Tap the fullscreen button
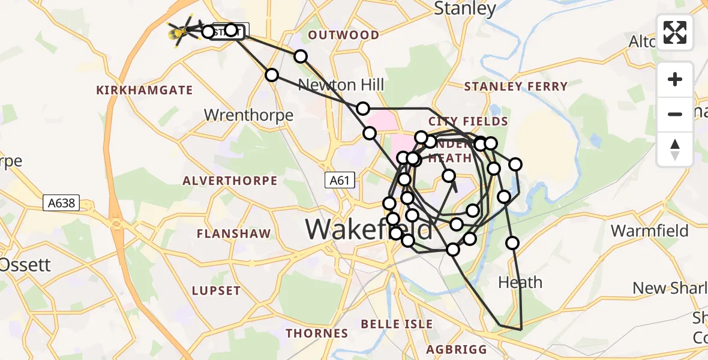click(675, 32)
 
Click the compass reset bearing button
click(675, 149)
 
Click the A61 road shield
click(337, 180)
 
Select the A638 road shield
click(62, 203)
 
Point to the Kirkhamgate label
click(145, 91)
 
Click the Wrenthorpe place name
click(249, 115)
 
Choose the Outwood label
click(344, 35)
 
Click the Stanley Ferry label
click(516, 86)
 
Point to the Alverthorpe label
click(230, 181)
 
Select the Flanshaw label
click(235, 233)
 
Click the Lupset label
click(216, 291)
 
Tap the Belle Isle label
click(397, 324)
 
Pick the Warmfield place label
click(650, 231)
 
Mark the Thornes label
click(317, 333)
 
